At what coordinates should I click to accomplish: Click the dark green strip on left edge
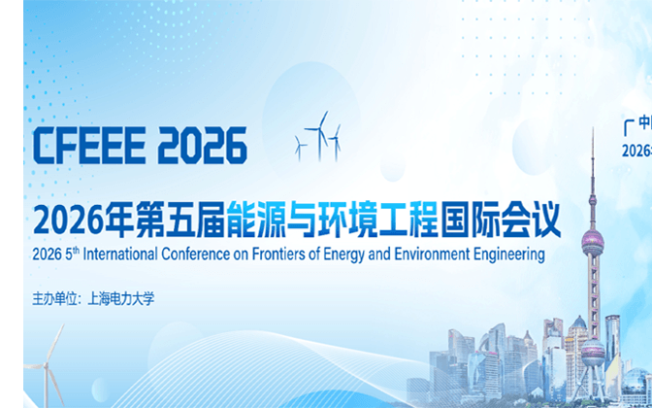pos(12,204)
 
